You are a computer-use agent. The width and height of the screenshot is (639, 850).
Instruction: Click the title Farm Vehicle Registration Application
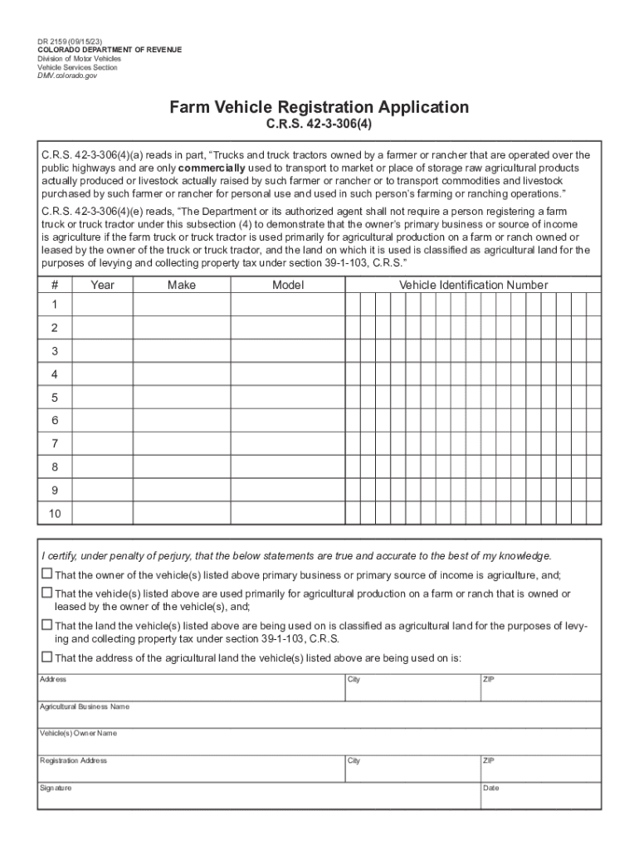pyautogui.click(x=319, y=108)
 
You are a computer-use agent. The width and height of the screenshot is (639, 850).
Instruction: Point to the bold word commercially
pyautogui.click(x=212, y=168)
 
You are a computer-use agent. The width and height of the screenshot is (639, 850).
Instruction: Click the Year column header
pyautogui.click(x=103, y=286)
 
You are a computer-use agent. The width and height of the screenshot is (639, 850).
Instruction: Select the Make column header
pyautogui.click(x=181, y=286)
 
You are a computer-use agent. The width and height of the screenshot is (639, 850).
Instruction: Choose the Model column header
pyautogui.click(x=288, y=286)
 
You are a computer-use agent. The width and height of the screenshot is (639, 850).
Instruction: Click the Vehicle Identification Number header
pyautogui.click(x=473, y=286)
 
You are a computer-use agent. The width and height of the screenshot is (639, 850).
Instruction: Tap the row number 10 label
pyautogui.click(x=55, y=514)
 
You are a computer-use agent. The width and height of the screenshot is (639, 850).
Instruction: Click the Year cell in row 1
pyautogui.click(x=103, y=305)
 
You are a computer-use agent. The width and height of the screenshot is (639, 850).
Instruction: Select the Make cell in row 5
pyautogui.click(x=181, y=398)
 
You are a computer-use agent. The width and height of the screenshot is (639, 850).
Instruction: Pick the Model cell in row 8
pyautogui.click(x=288, y=467)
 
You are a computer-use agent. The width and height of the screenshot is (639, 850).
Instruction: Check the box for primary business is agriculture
pyautogui.click(x=46, y=574)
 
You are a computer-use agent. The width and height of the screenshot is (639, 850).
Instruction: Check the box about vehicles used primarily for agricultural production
pyautogui.click(x=46, y=594)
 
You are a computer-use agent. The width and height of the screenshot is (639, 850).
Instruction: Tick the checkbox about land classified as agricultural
pyautogui.click(x=46, y=625)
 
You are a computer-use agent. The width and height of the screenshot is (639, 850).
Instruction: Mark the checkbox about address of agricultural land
pyautogui.click(x=46, y=657)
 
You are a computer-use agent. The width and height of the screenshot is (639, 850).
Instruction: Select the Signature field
pyautogui.click(x=257, y=798)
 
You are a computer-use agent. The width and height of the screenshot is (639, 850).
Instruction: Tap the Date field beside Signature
pyautogui.click(x=539, y=798)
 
